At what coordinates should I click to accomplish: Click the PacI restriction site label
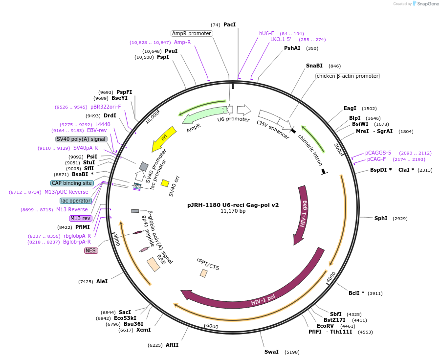click(229, 24)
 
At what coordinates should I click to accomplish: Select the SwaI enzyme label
click(271, 352)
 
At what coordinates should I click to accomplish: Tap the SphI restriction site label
click(381, 218)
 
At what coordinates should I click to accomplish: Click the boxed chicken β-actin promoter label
click(348, 76)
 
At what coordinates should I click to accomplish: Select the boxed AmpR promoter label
click(192, 33)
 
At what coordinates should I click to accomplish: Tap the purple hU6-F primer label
click(266, 33)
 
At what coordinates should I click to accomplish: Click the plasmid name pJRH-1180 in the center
click(233, 205)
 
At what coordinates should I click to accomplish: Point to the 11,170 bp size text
click(233, 211)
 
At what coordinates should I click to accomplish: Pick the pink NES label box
click(91, 250)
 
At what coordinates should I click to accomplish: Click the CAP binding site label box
click(71, 183)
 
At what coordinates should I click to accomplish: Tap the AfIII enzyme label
click(172, 345)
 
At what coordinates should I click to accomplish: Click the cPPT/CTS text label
click(208, 264)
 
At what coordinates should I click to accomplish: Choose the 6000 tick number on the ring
click(212, 326)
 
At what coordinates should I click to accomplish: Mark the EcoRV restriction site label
click(325, 326)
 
